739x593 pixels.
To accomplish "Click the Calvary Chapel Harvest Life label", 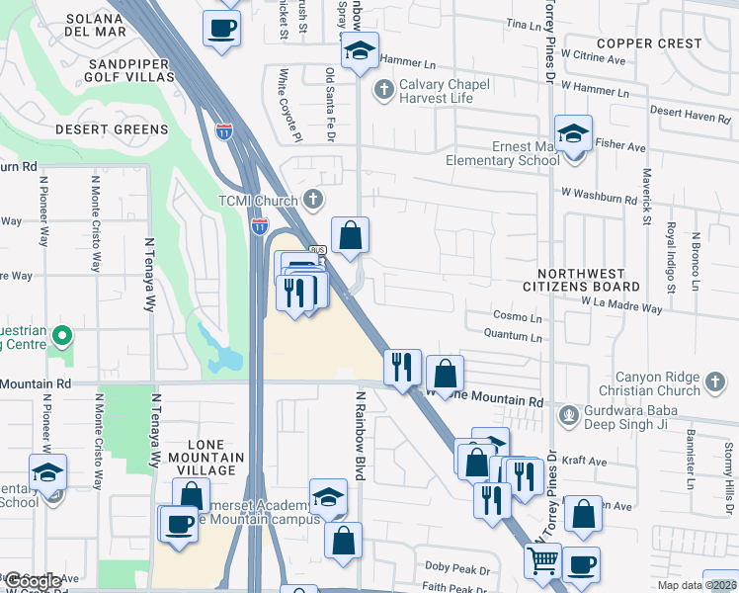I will [x=444, y=91].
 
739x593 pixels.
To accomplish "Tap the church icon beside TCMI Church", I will [x=313, y=201].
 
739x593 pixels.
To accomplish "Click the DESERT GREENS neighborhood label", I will [x=112, y=129].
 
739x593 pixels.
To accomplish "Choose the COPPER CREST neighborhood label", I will [x=649, y=43].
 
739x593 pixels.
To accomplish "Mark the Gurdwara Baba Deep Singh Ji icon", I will [x=567, y=413].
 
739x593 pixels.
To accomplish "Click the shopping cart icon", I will [x=542, y=561].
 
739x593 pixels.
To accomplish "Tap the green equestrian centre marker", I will [x=62, y=337].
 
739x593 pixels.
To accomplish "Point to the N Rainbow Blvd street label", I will [x=361, y=434].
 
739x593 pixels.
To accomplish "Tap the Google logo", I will [x=34, y=581].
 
